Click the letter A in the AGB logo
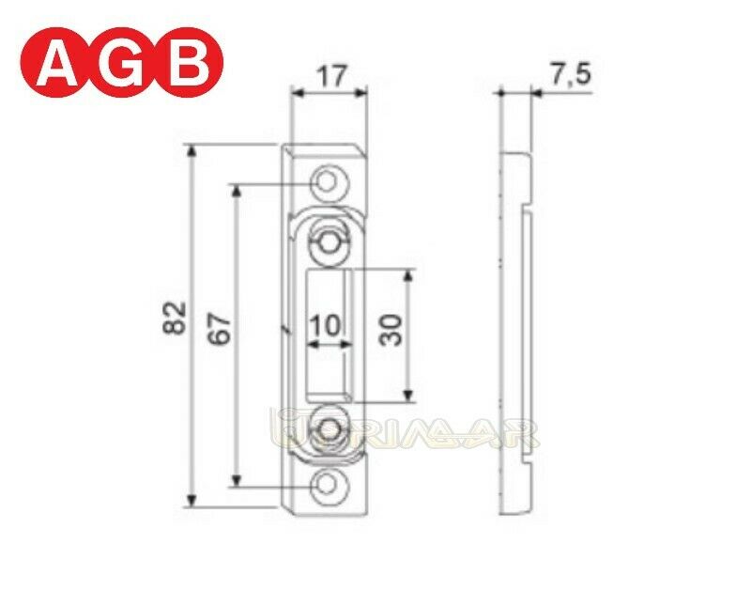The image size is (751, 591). point(57,65)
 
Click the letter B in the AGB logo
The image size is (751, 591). point(194,65)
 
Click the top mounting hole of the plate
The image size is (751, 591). point(329,179)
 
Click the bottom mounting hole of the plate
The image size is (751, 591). point(329,485)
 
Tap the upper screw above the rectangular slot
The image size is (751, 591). point(328,241)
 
